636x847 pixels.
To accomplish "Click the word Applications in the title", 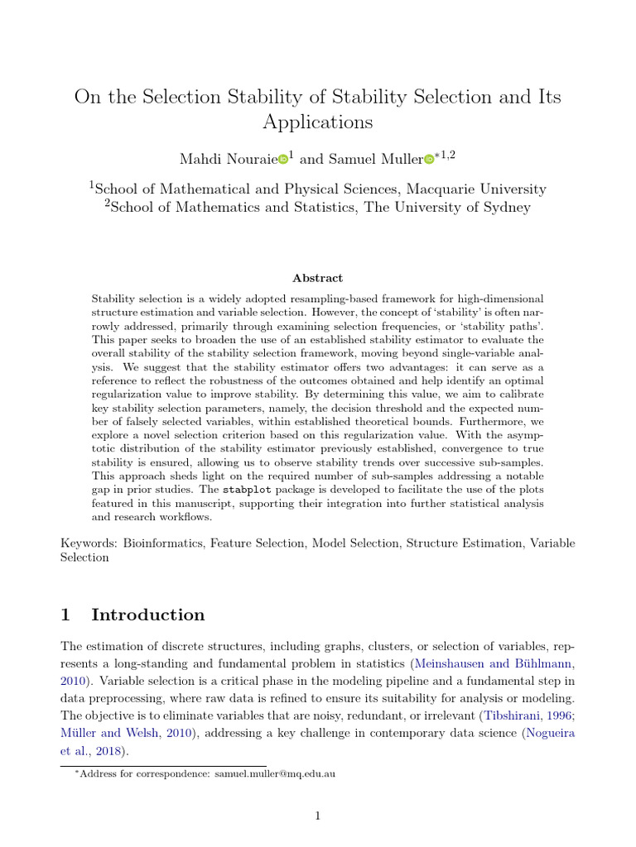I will (318, 122).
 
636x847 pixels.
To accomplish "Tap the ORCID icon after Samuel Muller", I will (429, 159).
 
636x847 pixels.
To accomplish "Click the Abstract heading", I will (318, 279).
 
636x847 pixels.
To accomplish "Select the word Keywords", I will (89, 543).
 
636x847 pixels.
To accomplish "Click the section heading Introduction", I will (147, 615).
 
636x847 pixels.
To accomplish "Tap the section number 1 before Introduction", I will (67, 615).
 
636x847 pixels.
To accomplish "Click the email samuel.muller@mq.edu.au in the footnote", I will (274, 774).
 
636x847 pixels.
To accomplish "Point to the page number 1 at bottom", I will (317, 816).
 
